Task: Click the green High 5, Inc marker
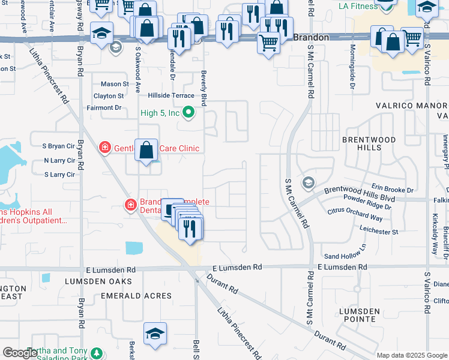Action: [x=188, y=112]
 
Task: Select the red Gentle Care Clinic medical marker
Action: [x=105, y=147]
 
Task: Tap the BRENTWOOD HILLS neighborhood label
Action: [x=369, y=143]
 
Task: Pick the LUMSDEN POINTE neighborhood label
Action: [x=359, y=315]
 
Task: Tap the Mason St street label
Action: [x=115, y=84]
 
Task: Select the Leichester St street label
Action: [x=378, y=231]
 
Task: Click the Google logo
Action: [x=20, y=353]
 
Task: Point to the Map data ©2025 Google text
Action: [x=411, y=355]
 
